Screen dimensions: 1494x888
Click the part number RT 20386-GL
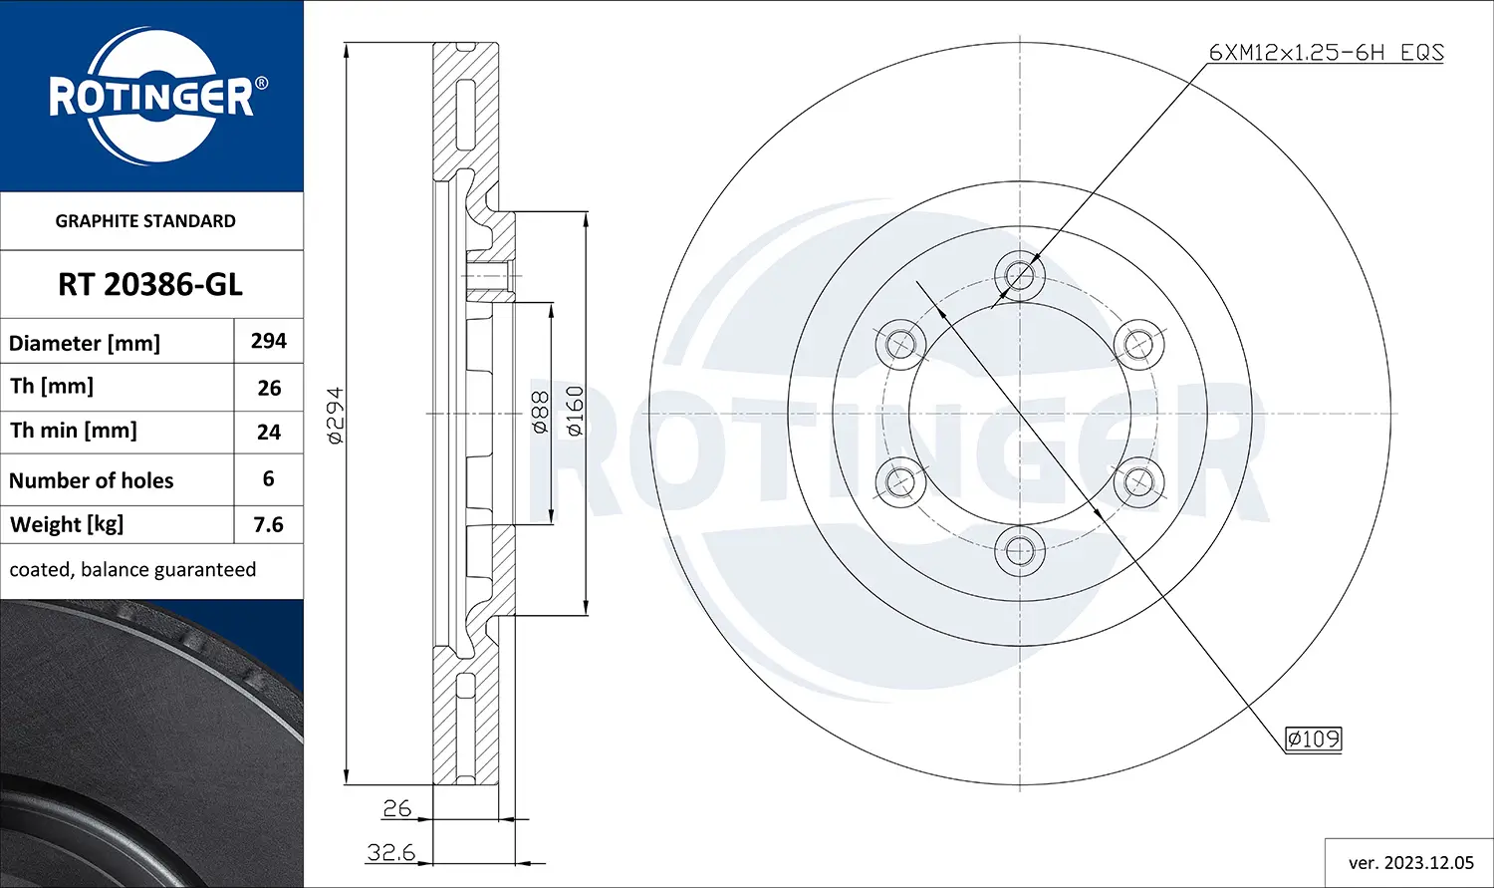(x=150, y=285)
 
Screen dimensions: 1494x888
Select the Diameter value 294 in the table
(x=269, y=341)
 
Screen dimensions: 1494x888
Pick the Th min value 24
(x=269, y=433)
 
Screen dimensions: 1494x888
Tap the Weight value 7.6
(x=269, y=524)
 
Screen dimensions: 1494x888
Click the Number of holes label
(x=92, y=480)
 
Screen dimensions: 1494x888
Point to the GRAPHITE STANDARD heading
(x=145, y=221)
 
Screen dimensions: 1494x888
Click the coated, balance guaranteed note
(x=132, y=570)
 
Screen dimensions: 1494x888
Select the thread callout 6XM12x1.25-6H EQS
(x=1326, y=53)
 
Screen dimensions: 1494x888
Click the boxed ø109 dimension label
(x=1313, y=739)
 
